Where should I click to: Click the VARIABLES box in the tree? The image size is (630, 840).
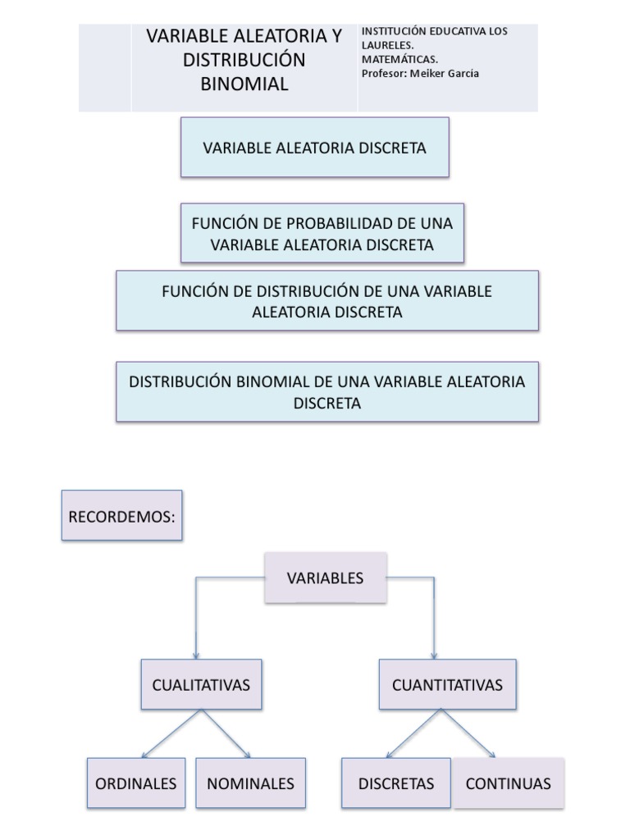325,578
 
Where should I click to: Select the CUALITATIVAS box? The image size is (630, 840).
201,685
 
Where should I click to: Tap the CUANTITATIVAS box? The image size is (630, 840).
447,685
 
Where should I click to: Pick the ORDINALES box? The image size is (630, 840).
136,783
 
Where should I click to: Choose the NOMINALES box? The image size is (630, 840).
250,783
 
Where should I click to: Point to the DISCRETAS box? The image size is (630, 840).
396,783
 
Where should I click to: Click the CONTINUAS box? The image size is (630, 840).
509,783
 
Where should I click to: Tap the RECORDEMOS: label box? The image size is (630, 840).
121,517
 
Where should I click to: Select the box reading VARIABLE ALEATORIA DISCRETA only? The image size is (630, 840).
315,148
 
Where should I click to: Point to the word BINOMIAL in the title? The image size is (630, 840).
244,84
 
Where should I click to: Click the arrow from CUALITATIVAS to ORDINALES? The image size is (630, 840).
171,734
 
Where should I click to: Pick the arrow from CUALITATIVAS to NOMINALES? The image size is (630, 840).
226,734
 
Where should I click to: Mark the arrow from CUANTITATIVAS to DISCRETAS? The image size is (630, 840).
416,734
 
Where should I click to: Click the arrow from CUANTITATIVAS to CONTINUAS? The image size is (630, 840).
469,734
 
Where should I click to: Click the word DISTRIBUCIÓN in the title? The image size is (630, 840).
244,60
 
